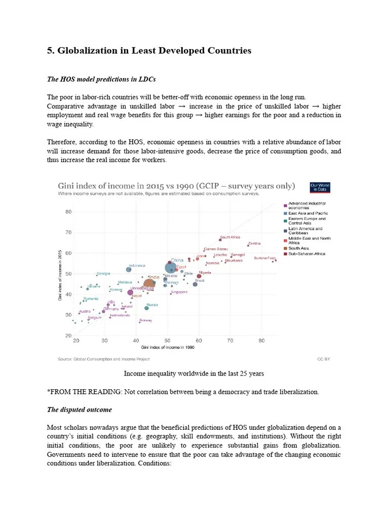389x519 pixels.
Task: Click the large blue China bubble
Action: click(x=171, y=267)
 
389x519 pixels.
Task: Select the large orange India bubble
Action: click(x=149, y=285)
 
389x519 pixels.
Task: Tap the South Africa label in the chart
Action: click(x=230, y=237)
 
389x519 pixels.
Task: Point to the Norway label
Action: click(x=146, y=320)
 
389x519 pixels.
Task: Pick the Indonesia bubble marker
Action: click(x=129, y=270)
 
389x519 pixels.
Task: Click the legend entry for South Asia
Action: click(x=298, y=248)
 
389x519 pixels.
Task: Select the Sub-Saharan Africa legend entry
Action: click(x=306, y=254)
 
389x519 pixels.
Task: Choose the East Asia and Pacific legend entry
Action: click(x=308, y=213)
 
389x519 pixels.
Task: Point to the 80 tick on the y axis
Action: click(x=68, y=212)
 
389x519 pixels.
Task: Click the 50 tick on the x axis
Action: click(x=167, y=341)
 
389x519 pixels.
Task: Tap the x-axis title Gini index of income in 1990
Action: click(x=168, y=348)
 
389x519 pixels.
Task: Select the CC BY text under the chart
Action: click(x=323, y=358)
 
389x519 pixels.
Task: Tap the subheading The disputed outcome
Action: click(x=80, y=410)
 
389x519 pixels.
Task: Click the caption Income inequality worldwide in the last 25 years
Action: click(x=194, y=374)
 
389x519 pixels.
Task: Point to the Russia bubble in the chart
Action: click(x=146, y=308)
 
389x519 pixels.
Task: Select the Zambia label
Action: click(x=254, y=243)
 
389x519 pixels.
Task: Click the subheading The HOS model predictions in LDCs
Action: click(x=101, y=80)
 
